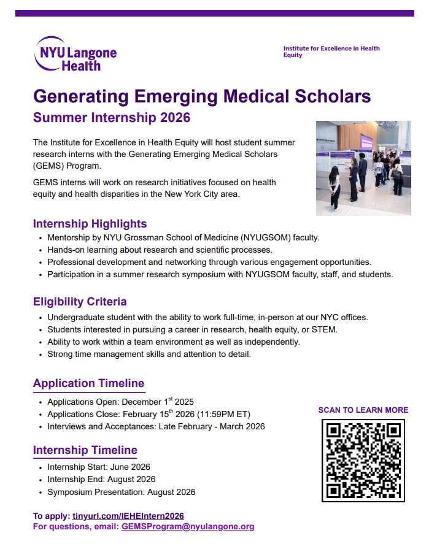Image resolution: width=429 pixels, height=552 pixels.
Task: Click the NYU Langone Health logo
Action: (75, 53)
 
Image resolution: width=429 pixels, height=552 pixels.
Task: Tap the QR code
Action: (363, 460)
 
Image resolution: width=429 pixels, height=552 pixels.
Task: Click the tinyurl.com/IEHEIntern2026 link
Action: (128, 516)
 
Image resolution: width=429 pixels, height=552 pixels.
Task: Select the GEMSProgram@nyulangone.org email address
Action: (187, 526)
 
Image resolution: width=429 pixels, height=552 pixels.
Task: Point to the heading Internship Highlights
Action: (90, 223)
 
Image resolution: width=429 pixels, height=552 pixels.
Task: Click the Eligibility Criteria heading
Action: (80, 301)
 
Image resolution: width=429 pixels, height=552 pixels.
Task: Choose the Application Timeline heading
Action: (88, 383)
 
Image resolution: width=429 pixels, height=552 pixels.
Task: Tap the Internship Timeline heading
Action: (85, 450)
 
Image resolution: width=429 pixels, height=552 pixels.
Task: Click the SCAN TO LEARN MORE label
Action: (363, 410)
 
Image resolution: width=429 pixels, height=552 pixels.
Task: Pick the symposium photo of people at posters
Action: (363, 167)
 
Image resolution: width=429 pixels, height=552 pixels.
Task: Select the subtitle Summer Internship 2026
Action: (112, 117)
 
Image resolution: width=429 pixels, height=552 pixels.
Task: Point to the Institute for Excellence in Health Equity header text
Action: (331, 52)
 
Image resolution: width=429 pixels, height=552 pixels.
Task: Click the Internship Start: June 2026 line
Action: (98, 467)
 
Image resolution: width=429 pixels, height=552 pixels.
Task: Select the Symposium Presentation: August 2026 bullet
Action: (121, 492)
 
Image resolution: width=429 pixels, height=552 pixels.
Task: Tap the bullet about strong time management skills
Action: (149, 354)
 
